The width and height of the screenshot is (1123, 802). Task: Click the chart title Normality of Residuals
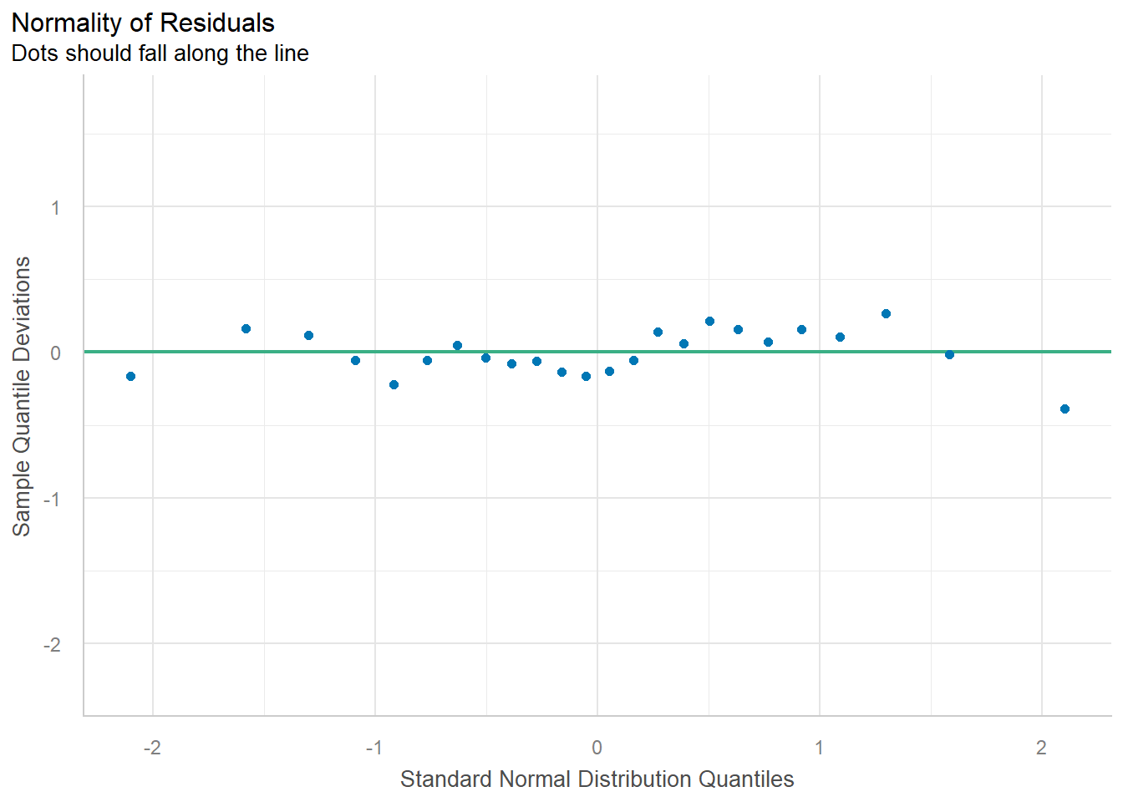pos(143,23)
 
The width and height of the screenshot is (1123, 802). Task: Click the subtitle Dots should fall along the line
pos(160,53)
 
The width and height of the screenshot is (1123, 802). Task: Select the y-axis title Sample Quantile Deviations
pos(22,396)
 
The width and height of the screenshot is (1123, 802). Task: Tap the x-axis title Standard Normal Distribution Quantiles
pos(597,779)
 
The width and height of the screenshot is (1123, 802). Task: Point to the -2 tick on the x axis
pos(152,747)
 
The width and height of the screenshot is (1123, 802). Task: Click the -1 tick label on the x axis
pos(374,747)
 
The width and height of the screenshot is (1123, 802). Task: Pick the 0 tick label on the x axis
pos(597,747)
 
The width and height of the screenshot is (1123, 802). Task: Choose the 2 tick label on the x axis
pos(1041,747)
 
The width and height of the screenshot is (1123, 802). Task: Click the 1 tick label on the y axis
pos(56,207)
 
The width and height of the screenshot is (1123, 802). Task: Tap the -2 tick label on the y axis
pos(53,644)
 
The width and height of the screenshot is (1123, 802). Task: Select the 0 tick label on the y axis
pos(56,353)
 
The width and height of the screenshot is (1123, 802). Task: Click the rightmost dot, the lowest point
pos(1065,409)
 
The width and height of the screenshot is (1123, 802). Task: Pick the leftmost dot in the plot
pos(130,376)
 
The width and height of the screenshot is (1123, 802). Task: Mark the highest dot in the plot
pos(886,313)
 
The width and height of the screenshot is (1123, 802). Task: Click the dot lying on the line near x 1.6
pos(949,354)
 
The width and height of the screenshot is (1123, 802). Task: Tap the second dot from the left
pos(246,328)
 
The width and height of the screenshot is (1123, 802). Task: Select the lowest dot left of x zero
pos(394,384)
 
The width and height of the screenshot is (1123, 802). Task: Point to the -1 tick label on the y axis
pos(53,499)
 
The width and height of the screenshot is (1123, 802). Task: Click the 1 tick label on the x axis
pos(819,747)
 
